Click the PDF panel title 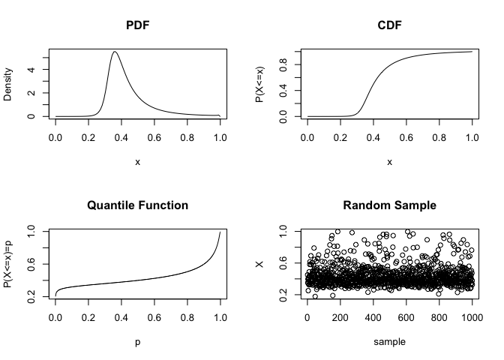(137, 26)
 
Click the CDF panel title (389, 26)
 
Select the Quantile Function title (137, 205)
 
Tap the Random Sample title (389, 205)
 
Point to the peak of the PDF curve (115, 52)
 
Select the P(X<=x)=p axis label (8, 263)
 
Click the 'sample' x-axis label (389, 341)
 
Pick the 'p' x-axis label (137, 341)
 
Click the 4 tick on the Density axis (32, 70)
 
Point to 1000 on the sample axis (472, 319)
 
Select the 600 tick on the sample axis (406, 319)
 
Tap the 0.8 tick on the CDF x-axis (439, 139)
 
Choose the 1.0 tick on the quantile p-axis (220, 319)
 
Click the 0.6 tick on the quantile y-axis (32, 267)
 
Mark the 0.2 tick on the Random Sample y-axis (284, 300)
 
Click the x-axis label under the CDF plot (389, 162)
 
